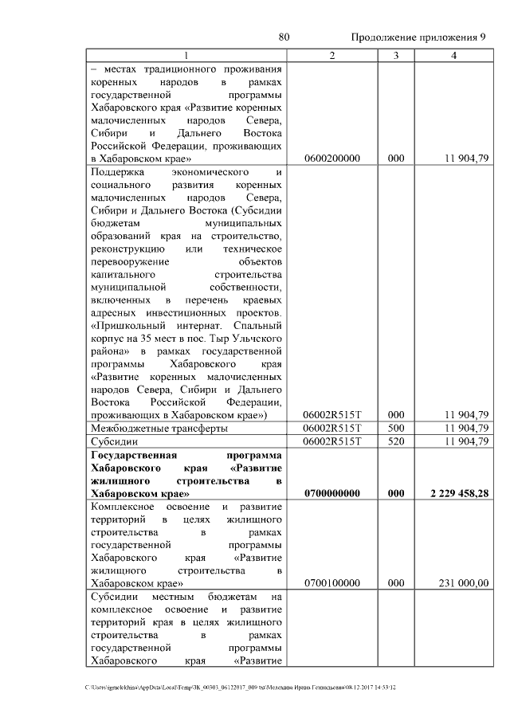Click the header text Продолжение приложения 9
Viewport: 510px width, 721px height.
pyautogui.click(x=419, y=37)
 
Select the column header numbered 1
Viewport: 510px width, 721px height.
pyautogui.click(x=186, y=55)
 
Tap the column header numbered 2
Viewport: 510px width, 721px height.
pyautogui.click(x=332, y=55)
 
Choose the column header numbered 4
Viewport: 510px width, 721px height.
pyautogui.click(x=453, y=55)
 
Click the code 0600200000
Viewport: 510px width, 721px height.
pyautogui.click(x=332, y=159)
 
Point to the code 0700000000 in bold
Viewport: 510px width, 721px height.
pyautogui.click(x=332, y=494)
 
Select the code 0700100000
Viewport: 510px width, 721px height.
pyautogui.click(x=332, y=583)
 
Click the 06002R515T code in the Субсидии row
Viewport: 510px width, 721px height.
pyautogui.click(x=332, y=441)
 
